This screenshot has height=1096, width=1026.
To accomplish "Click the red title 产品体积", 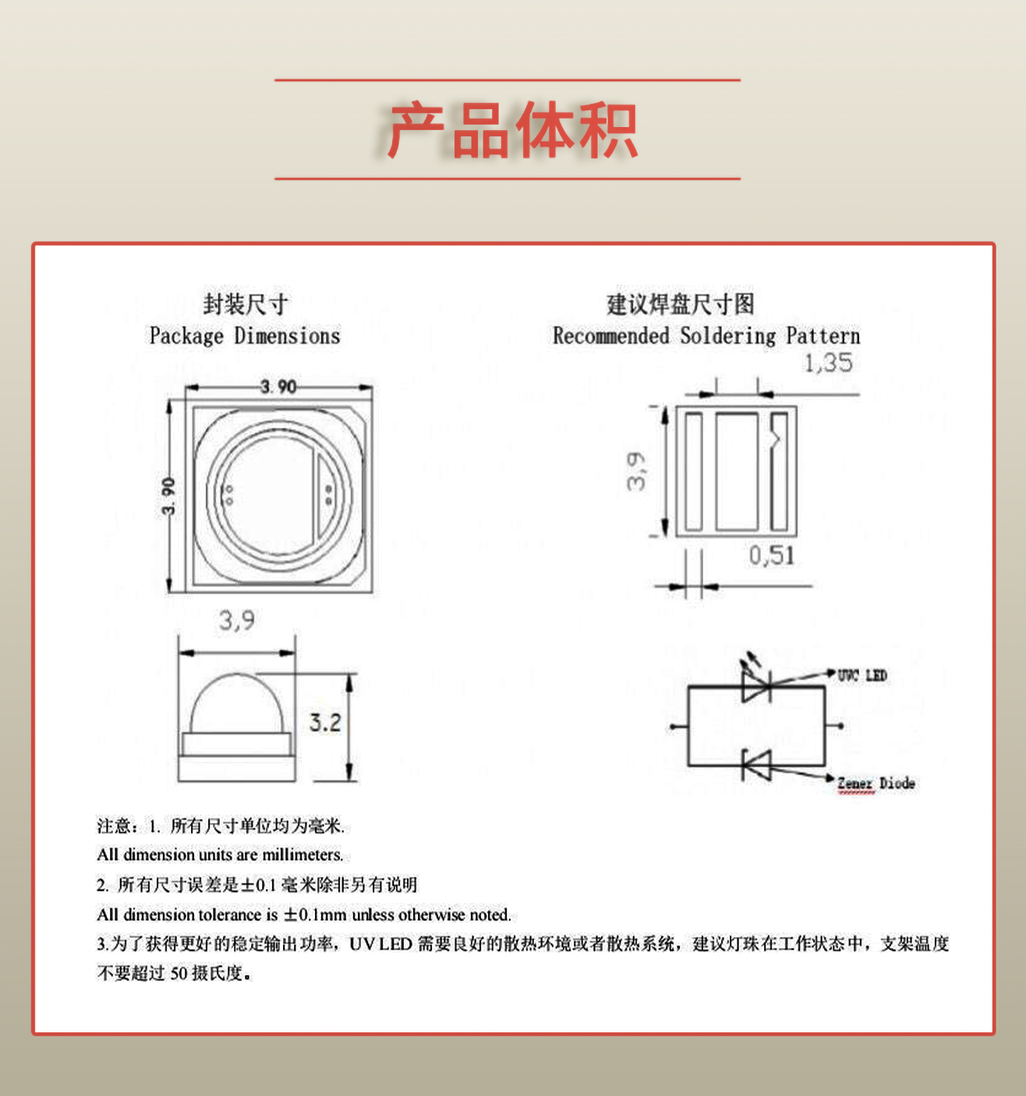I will [511, 130].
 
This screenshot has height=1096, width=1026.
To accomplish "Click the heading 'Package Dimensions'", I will [245, 336].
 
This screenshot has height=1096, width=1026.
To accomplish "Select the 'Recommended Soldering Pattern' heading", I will [706, 336].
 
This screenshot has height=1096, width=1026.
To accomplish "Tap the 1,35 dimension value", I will [828, 363].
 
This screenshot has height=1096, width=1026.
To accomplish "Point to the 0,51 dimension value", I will [772, 556].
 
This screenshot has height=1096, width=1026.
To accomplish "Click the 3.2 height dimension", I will [325, 723].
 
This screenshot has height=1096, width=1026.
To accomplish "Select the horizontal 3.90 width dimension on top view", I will [278, 387].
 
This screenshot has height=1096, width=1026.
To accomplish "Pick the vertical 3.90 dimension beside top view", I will [168, 497].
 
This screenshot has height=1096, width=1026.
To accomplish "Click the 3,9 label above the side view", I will [236, 620].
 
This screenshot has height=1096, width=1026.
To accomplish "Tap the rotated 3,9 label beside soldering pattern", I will [636, 472].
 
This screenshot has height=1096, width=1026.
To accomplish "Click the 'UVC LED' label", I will [862, 676].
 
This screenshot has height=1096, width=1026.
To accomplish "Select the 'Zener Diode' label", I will [876, 783].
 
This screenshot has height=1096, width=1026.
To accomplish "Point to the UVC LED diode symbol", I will [755, 686].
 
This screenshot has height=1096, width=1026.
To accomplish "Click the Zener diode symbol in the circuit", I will [755, 765].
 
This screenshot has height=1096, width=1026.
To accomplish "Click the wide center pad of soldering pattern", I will [737, 472].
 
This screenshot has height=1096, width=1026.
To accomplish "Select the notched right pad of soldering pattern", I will [779, 472].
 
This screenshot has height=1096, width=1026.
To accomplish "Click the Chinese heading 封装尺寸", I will [245, 304].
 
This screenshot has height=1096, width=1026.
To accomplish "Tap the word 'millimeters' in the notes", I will [302, 855].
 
